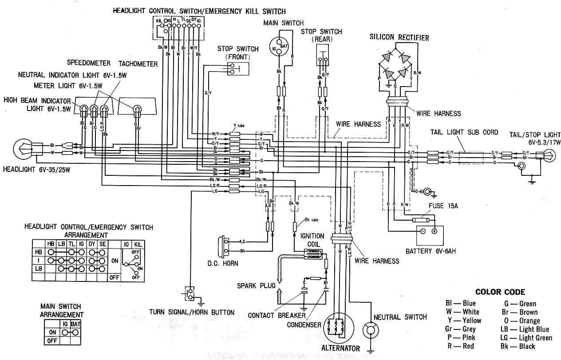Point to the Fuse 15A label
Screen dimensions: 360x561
pos(444,206)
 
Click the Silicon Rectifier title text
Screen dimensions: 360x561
pos(399,38)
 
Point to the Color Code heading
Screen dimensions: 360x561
pos(500,292)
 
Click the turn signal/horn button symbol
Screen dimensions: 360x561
pos(191,294)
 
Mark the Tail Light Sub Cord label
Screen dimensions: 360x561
pos(464,132)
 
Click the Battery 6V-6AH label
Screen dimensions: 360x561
pos(431,251)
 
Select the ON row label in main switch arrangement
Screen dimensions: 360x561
pos(52,332)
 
